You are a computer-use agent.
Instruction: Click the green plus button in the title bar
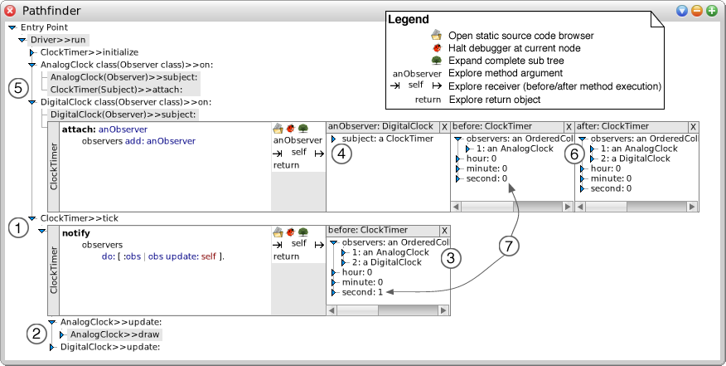(x=711, y=11)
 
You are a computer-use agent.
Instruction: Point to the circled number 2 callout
(x=36, y=334)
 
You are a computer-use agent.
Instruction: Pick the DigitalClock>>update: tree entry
(x=109, y=347)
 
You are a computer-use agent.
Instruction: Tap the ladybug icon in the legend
(x=435, y=49)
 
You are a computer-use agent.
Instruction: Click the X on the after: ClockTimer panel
(x=693, y=126)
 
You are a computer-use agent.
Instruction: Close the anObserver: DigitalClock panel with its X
(x=443, y=126)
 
